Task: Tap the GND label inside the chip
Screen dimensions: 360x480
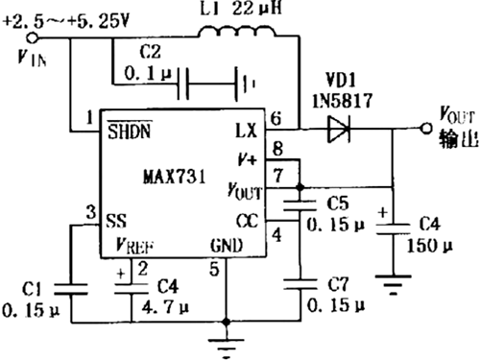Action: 227,246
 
